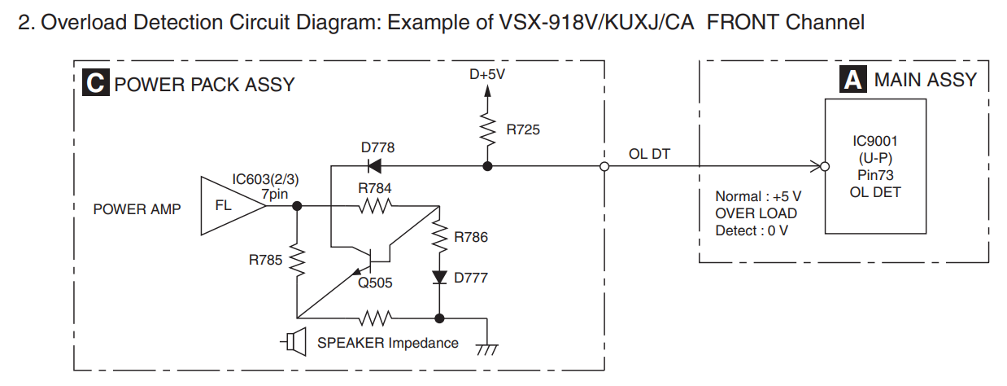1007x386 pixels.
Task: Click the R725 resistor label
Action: (523, 129)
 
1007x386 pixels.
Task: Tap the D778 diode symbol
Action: (374, 166)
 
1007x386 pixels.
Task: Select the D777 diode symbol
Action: (439, 277)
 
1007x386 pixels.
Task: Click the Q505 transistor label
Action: (375, 283)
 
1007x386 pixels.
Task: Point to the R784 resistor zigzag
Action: (375, 207)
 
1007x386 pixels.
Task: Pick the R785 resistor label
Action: (265, 260)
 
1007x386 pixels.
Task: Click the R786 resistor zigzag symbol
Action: (439, 237)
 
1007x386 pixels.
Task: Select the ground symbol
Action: (487, 349)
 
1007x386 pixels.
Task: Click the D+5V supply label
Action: (487, 74)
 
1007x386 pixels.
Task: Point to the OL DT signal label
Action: (649, 154)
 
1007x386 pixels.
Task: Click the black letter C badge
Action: (96, 82)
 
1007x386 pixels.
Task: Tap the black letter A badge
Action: (852, 79)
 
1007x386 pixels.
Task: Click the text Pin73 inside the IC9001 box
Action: (875, 175)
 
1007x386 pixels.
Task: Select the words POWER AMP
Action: (137, 208)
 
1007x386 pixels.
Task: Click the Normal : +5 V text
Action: (758, 196)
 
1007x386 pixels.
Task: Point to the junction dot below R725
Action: (487, 166)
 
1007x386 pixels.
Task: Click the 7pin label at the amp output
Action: (274, 195)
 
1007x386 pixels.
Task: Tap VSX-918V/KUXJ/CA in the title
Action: (597, 22)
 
